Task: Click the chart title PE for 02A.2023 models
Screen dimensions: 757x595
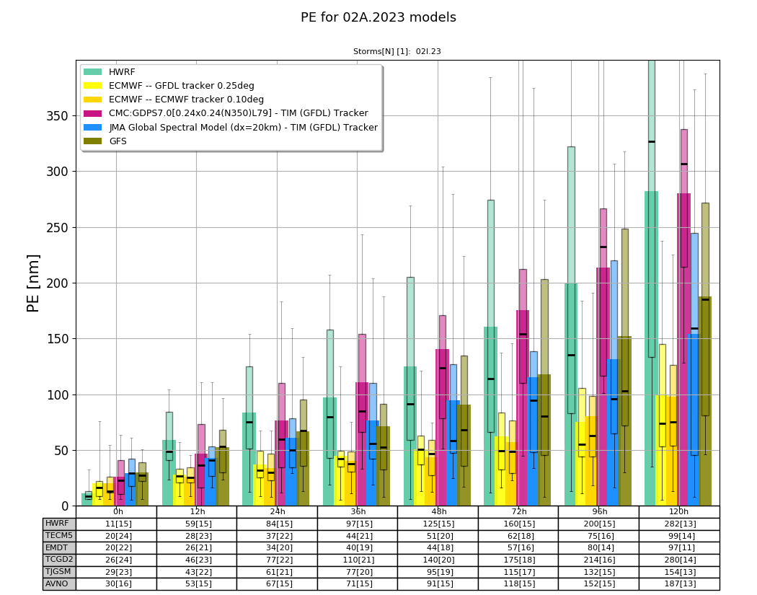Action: [378, 17]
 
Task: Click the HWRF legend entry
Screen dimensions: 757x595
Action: [110, 72]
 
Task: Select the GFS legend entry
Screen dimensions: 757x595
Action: [105, 141]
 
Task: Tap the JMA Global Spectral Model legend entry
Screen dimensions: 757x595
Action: [231, 128]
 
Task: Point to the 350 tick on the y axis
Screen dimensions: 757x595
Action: [58, 116]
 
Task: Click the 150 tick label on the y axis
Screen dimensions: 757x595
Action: [58, 340]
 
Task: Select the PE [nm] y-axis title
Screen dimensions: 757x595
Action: [33, 283]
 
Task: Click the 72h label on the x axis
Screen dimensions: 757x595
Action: [518, 511]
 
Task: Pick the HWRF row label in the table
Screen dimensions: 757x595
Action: [57, 524]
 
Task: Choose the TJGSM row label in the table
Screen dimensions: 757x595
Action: [58, 571]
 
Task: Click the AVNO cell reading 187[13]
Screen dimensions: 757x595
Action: [679, 583]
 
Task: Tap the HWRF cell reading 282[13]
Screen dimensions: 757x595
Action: [679, 524]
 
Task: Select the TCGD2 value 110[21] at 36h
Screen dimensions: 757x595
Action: [358, 560]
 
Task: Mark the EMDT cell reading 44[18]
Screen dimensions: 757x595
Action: [438, 547]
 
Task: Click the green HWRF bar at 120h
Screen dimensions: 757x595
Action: [651, 348]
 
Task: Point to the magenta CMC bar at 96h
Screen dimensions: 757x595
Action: [603, 387]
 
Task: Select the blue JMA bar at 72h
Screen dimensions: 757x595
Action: [534, 441]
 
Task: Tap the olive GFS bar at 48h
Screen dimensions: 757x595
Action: [464, 455]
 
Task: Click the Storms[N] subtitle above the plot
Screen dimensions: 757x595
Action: [397, 51]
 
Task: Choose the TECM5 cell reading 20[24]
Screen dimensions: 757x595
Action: [116, 536]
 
